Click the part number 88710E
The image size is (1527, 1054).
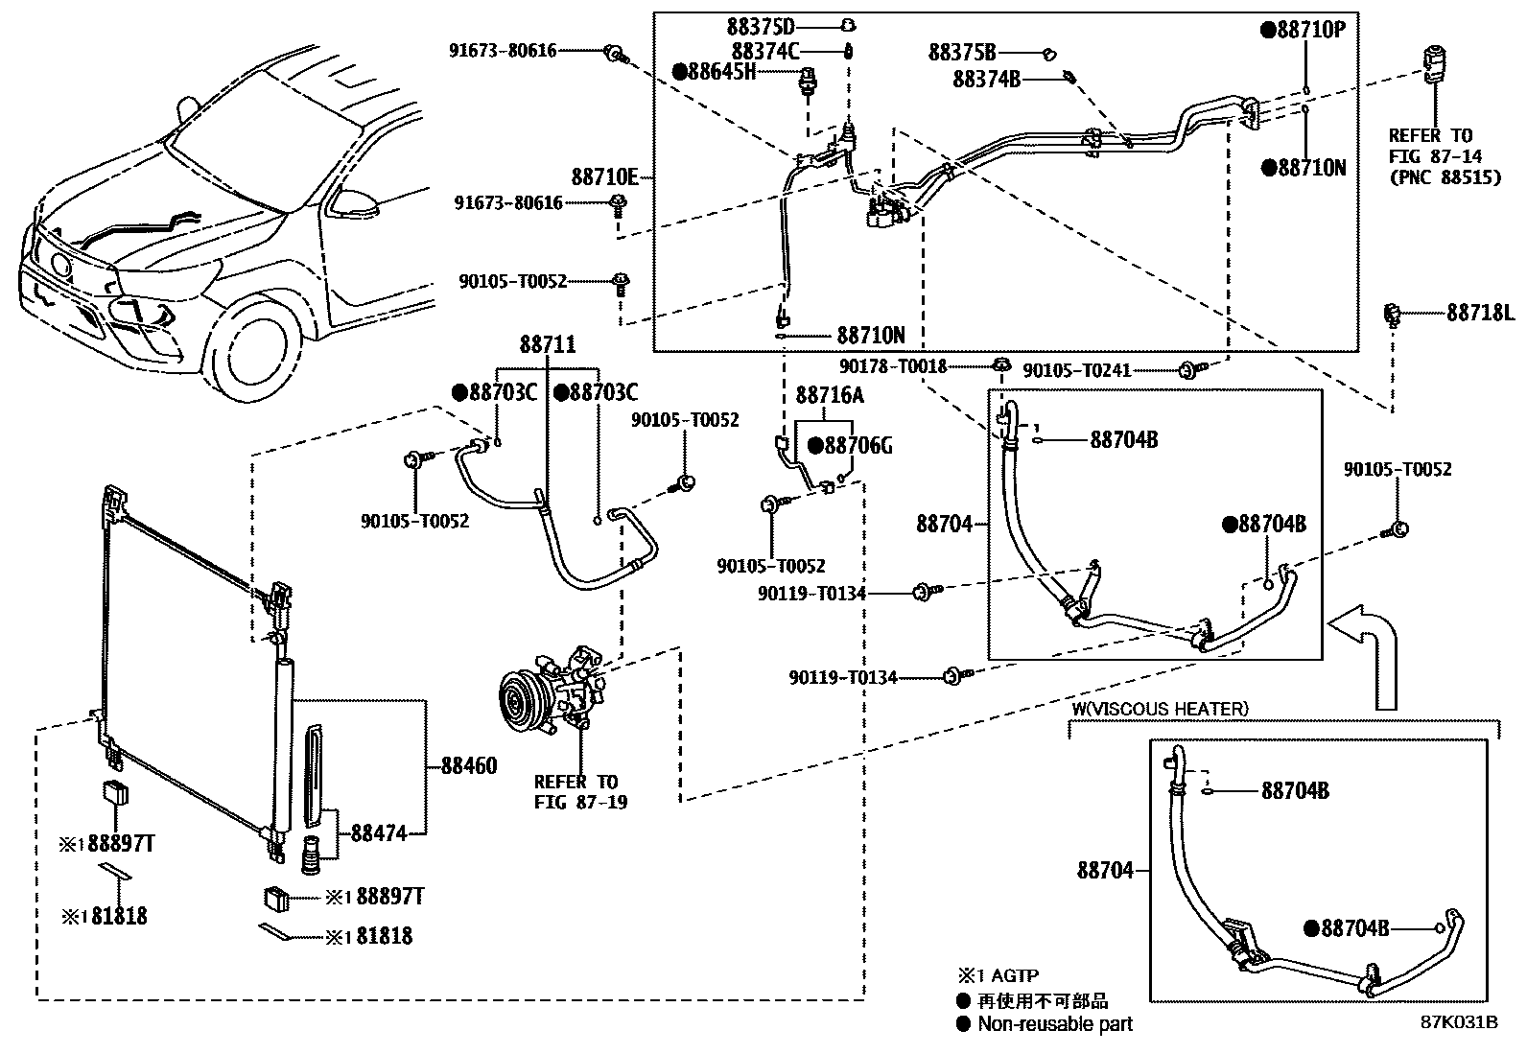(x=604, y=177)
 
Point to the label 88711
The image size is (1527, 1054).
(x=548, y=344)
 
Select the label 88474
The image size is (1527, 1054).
(x=378, y=833)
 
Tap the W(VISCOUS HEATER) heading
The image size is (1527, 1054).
(x=1159, y=709)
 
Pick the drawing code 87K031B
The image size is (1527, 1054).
(x=1459, y=1022)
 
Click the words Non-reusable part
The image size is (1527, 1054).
(x=1054, y=1024)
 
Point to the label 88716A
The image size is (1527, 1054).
(x=830, y=395)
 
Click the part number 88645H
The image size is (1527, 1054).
(x=720, y=71)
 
